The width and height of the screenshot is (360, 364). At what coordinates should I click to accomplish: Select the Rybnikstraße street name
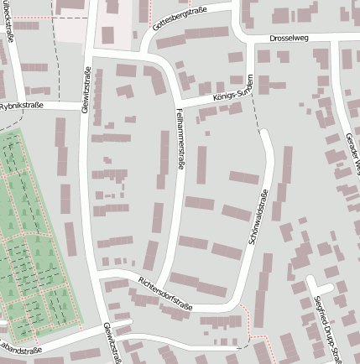point(22,106)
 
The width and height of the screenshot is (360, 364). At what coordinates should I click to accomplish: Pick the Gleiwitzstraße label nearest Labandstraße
point(110,343)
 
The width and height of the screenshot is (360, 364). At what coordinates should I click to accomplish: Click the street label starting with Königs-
point(229,93)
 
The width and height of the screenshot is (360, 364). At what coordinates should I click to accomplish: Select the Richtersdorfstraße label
point(166,294)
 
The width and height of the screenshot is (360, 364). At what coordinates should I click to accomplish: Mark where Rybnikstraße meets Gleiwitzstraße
point(86,105)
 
